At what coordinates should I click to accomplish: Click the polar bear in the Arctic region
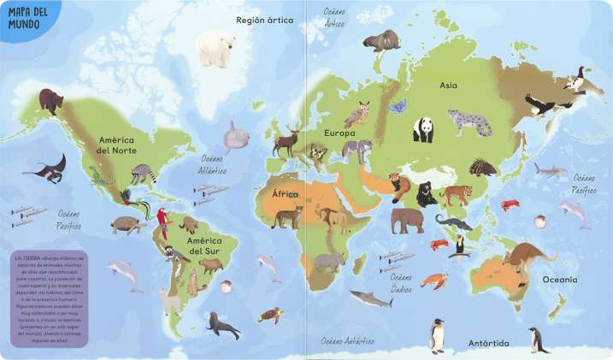tap(215, 49)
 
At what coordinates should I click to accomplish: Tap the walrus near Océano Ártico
tap(381, 40)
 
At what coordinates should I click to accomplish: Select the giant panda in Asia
tap(423, 130)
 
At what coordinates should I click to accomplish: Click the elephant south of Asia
tap(407, 221)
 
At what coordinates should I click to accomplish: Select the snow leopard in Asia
tap(469, 122)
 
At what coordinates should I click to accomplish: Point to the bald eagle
tap(544, 105)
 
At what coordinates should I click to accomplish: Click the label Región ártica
tap(264, 19)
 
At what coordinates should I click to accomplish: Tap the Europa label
tap(339, 133)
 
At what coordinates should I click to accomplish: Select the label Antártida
tap(488, 344)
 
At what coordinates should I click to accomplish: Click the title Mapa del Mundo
tap(26, 17)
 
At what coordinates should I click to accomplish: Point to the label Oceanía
tap(559, 280)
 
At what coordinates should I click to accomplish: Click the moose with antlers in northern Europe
tap(286, 139)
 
